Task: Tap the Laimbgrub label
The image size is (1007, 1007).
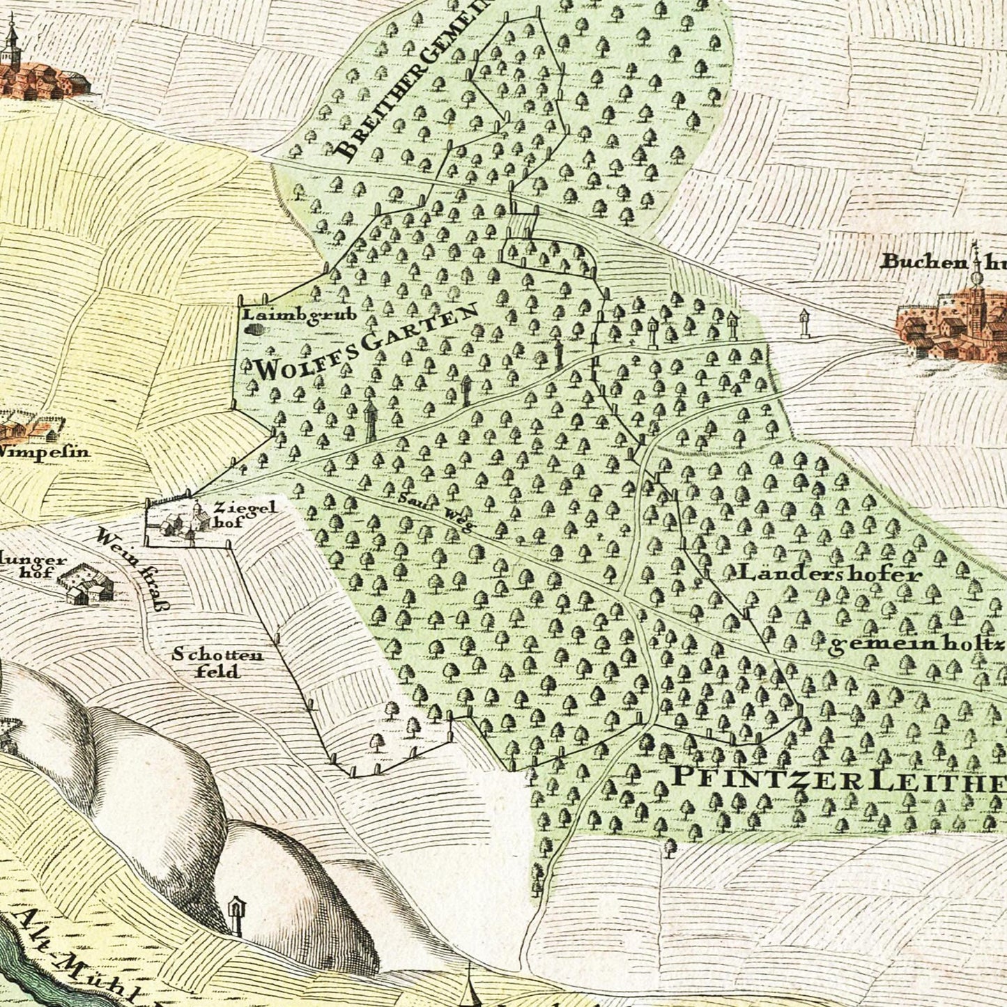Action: coord(300,314)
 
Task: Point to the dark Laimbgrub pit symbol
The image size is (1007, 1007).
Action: coord(256,329)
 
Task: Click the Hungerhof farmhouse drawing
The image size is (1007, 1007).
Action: coord(85,585)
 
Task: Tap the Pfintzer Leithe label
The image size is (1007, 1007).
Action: coord(836,780)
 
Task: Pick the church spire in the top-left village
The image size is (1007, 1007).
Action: coord(10,42)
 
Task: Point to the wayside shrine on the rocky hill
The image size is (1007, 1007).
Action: coord(236,913)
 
